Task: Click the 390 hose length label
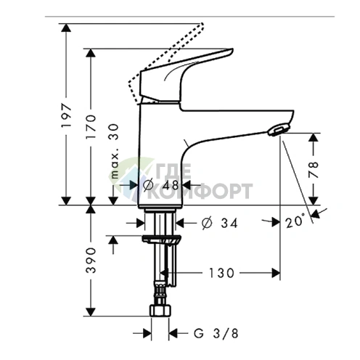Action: pyautogui.click(x=91, y=259)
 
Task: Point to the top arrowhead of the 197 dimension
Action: pyautogui.click(x=66, y=28)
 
